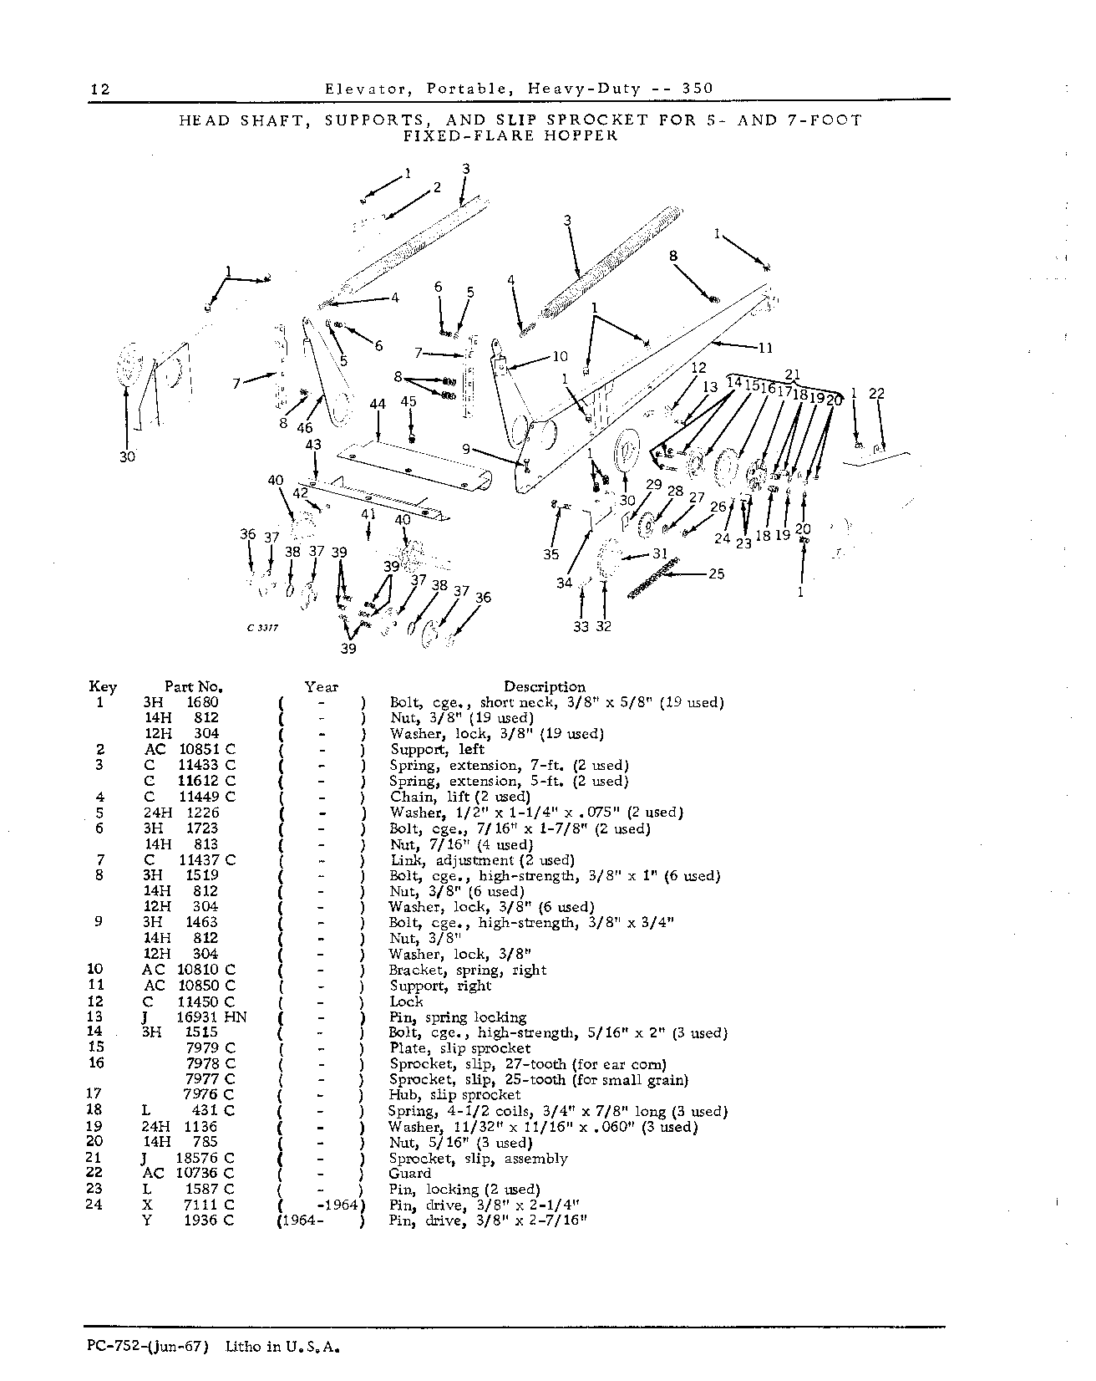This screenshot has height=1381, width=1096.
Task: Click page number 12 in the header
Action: point(100,89)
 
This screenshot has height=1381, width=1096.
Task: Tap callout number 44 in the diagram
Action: point(378,405)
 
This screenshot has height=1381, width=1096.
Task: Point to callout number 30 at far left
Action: point(127,457)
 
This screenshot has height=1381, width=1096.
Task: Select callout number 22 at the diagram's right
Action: point(876,393)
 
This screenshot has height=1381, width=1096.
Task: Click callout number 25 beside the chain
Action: point(716,574)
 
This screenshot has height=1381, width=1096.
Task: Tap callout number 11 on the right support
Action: point(765,349)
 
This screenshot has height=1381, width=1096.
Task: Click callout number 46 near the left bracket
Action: point(304,428)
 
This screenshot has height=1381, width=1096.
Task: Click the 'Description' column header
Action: point(545,687)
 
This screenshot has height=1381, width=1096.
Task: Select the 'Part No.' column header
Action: point(193,687)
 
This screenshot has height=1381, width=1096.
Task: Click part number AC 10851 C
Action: point(190,750)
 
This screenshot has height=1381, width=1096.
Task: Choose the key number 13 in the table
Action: point(95,1017)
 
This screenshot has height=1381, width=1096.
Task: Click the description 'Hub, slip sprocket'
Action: point(455,1094)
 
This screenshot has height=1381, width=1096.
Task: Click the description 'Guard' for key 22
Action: point(410,1174)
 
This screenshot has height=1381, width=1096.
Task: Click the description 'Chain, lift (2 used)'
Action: point(460,798)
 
